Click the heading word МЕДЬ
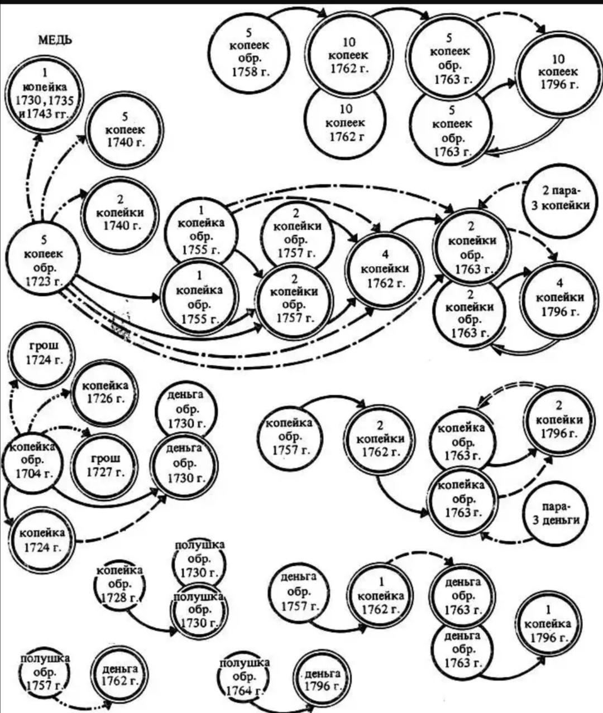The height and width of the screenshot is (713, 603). tap(55, 40)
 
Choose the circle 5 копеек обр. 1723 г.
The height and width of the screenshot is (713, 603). tap(44, 261)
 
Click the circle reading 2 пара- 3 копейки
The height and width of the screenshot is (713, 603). tap(557, 199)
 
